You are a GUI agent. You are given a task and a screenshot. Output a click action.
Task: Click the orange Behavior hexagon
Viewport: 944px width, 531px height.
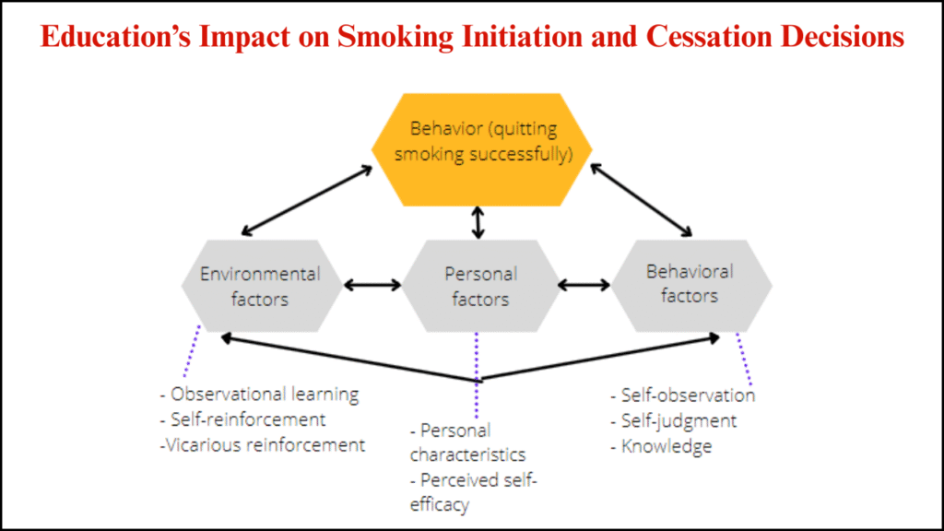point(481,150)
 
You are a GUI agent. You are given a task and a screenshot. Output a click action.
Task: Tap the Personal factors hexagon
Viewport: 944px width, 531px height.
point(481,286)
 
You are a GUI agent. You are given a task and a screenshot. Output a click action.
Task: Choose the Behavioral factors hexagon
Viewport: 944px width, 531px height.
point(691,286)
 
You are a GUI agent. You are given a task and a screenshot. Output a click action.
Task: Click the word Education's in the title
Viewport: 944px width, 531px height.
point(115,37)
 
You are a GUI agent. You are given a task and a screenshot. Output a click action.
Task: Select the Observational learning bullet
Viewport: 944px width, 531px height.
point(259,395)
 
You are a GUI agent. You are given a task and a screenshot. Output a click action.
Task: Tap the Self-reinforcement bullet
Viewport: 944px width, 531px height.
point(242,419)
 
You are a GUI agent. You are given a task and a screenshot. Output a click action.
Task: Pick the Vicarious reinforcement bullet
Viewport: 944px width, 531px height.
point(263,445)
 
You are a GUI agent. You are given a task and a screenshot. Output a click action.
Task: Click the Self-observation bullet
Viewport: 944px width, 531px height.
point(683,395)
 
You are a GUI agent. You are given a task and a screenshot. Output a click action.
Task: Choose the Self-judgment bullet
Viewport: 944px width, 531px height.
point(674,420)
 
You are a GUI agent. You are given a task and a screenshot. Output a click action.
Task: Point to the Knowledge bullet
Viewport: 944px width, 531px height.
point(661,446)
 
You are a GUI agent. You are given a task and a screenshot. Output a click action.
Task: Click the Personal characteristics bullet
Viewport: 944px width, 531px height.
point(467,442)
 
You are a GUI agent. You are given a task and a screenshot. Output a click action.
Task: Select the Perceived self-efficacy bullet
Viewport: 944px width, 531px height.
point(473,492)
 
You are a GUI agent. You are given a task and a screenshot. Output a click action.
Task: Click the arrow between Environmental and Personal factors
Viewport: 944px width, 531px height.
point(372,286)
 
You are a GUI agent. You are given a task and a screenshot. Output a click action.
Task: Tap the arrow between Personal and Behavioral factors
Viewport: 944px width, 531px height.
point(584,286)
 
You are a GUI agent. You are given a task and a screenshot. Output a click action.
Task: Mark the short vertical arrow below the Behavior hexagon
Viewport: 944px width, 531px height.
point(478,223)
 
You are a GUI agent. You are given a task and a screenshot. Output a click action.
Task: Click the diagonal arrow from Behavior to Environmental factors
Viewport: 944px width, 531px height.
point(307,200)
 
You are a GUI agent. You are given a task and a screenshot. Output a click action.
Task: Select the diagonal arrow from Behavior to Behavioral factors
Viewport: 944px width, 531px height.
point(642,200)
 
